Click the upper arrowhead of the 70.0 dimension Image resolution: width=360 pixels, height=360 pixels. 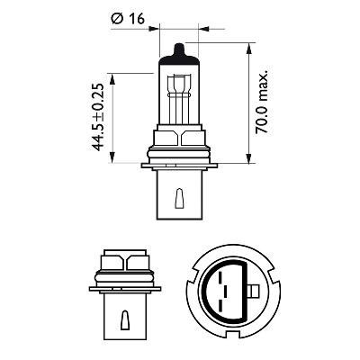[247, 43]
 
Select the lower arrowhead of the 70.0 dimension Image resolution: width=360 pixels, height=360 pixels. [247, 162]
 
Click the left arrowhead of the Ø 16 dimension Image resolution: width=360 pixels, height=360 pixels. [155, 29]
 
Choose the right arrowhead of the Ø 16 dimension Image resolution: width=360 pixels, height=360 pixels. [205, 29]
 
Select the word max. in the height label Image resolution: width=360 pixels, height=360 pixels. [263, 70]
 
